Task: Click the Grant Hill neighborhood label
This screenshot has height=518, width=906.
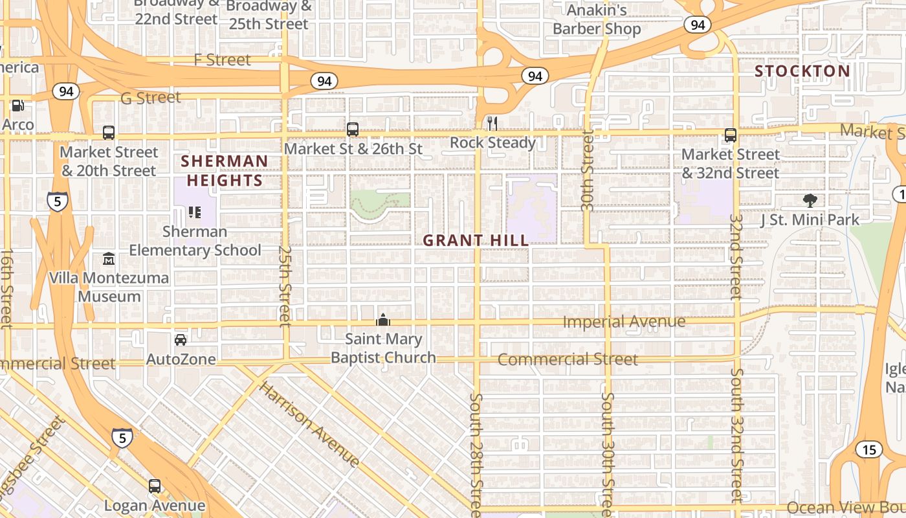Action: (x=476, y=241)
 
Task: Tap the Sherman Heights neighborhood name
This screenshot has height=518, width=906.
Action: (x=224, y=171)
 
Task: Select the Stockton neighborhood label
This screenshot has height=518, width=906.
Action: (x=802, y=71)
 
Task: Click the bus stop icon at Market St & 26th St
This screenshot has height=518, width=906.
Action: (x=353, y=129)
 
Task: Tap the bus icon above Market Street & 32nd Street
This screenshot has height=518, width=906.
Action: (x=731, y=135)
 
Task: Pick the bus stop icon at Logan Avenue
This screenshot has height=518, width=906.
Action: (x=155, y=486)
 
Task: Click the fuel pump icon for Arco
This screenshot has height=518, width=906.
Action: (x=18, y=105)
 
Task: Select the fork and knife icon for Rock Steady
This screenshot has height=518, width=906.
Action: (x=492, y=123)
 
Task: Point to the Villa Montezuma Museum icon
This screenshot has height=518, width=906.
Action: (x=109, y=259)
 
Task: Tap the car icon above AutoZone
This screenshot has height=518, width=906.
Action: (x=181, y=340)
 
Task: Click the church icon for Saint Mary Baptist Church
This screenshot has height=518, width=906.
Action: (x=383, y=320)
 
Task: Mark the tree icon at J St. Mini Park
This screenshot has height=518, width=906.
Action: (x=809, y=200)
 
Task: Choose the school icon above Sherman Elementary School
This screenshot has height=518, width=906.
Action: (x=194, y=212)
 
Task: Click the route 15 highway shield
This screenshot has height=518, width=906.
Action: (x=868, y=449)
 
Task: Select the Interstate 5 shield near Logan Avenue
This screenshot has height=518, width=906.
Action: (x=122, y=437)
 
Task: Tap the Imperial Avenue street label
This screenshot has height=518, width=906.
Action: (x=624, y=322)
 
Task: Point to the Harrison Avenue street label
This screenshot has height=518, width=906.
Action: (x=309, y=425)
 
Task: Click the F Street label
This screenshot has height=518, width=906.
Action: (x=222, y=60)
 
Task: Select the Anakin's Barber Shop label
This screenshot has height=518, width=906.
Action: (x=597, y=19)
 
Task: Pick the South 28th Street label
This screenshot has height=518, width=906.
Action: (x=476, y=453)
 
